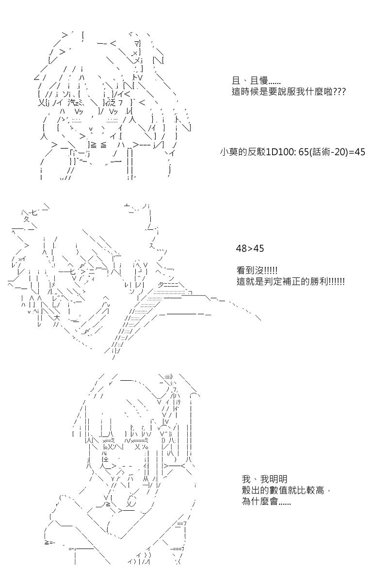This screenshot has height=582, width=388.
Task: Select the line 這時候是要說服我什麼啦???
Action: (x=289, y=91)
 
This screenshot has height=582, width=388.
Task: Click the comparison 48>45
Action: (x=250, y=248)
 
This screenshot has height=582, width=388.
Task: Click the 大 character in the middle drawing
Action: (x=57, y=318)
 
